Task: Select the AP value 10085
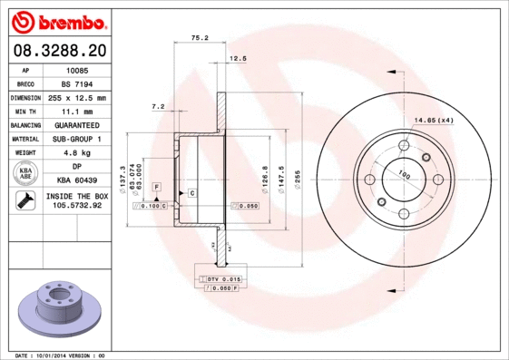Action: (x=77, y=69)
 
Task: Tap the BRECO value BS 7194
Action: (x=77, y=83)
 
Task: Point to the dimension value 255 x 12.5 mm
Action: (x=77, y=97)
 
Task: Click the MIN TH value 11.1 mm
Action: (x=77, y=111)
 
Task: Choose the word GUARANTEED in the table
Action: (x=77, y=125)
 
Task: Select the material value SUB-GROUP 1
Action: (x=77, y=139)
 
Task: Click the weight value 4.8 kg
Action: (x=77, y=153)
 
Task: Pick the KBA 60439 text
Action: (x=77, y=181)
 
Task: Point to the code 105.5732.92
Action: (x=78, y=206)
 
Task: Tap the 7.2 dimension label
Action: (x=157, y=106)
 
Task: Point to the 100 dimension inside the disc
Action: (x=404, y=176)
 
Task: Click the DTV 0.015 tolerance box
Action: (x=219, y=278)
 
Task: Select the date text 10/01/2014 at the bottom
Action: (x=58, y=355)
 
